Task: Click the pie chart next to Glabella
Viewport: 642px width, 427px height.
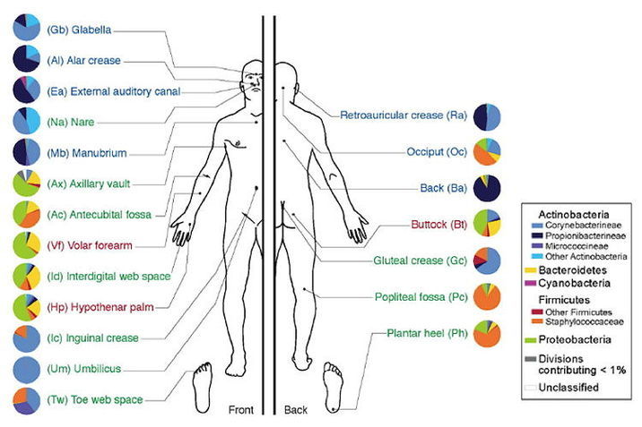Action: [x=27, y=29]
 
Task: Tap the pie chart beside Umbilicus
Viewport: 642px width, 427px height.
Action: [x=27, y=369]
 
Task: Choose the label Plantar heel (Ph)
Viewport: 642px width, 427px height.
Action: [x=424, y=333]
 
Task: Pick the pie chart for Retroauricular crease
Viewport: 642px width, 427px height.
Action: [x=487, y=116]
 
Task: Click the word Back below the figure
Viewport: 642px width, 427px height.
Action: [x=295, y=411]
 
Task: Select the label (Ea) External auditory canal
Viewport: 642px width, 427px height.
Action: [x=101, y=90]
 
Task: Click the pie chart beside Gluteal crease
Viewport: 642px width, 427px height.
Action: [x=487, y=260]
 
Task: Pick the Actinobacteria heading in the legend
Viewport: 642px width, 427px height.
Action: [x=574, y=214]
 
